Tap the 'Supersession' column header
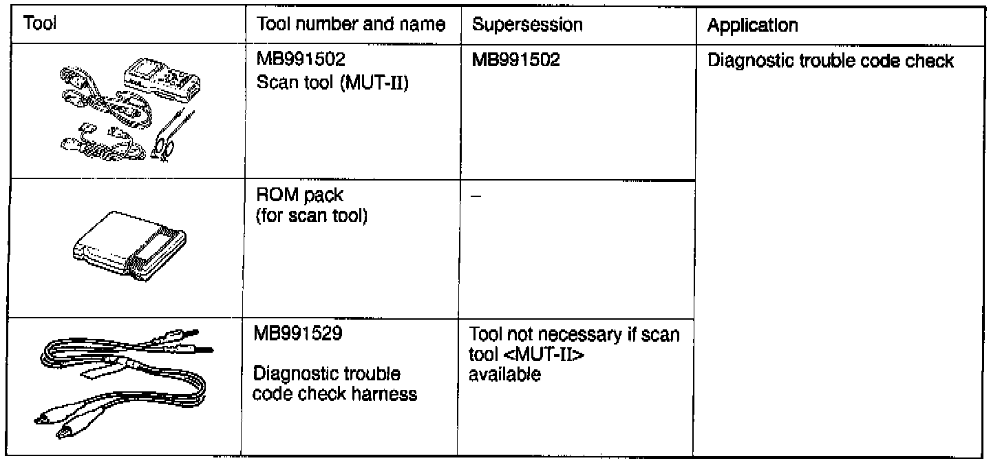(x=528, y=25)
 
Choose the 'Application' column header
(x=753, y=26)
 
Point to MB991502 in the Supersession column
(x=515, y=61)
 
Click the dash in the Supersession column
(x=476, y=197)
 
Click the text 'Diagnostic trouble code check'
(x=831, y=62)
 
